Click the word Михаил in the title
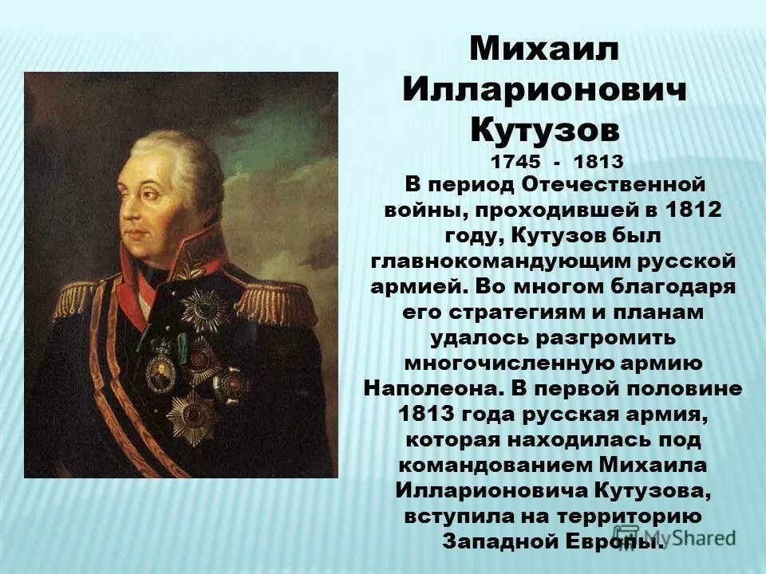click(x=543, y=49)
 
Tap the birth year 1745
click(x=515, y=161)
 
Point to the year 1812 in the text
click(x=696, y=210)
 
